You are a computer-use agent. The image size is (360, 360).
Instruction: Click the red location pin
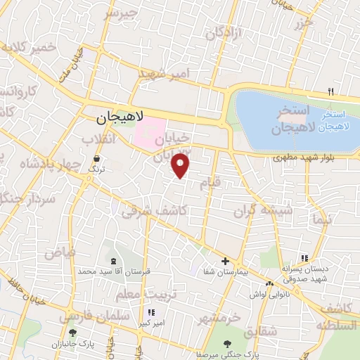pos(181,166)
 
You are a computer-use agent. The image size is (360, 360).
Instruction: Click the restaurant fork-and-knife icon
pos(331,91)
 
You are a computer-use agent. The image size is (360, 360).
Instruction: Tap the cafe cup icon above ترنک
pos(95,160)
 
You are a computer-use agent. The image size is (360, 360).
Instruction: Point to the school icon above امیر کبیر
pos(150,312)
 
